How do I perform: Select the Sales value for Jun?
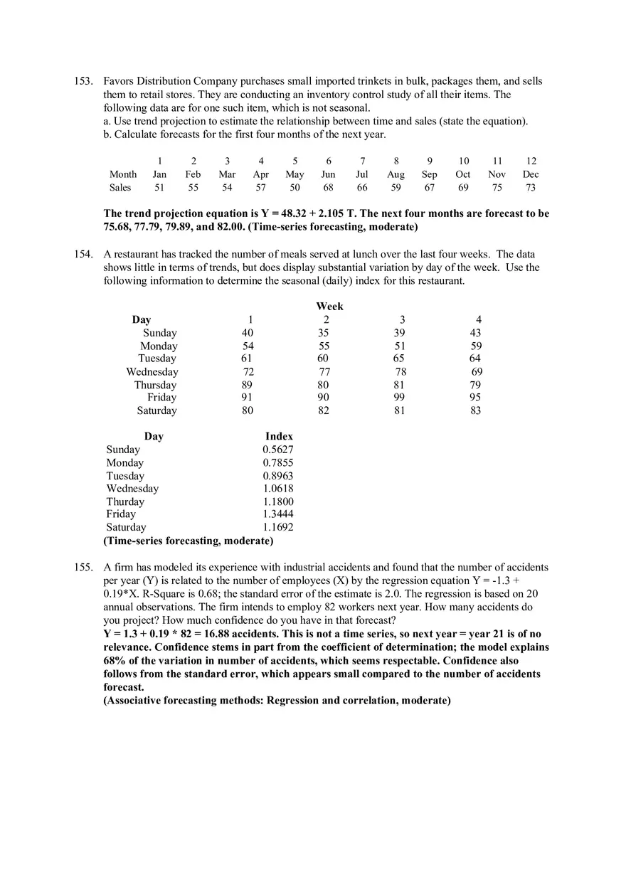click(x=329, y=188)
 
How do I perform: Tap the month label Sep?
click(x=430, y=174)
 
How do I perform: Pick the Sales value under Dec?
click(x=531, y=188)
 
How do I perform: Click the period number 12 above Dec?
click(x=531, y=161)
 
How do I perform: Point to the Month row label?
click(x=123, y=174)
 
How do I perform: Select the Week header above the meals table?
click(x=329, y=306)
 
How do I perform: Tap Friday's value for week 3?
click(x=399, y=398)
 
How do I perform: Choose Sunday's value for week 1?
click(x=248, y=333)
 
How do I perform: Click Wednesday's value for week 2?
click(x=324, y=372)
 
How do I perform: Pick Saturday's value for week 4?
click(x=475, y=410)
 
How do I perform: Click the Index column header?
click(x=279, y=436)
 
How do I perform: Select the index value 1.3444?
click(x=278, y=514)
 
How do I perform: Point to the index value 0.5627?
click(x=278, y=450)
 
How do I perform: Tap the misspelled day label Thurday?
click(x=125, y=501)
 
